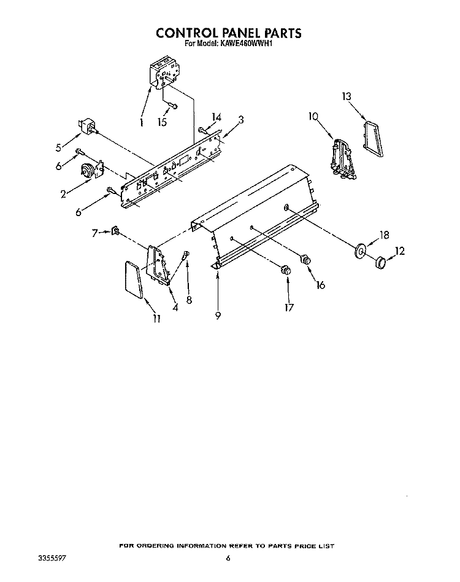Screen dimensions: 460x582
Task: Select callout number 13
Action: [346, 96]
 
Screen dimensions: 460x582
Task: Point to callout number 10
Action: [313, 117]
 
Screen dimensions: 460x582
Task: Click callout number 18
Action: [385, 235]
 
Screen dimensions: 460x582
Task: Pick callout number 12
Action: [399, 251]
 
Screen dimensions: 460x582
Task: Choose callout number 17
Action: [289, 308]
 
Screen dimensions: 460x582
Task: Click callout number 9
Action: [218, 316]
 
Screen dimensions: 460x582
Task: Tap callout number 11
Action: [156, 319]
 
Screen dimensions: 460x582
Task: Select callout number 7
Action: [95, 233]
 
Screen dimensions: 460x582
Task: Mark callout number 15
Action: [162, 122]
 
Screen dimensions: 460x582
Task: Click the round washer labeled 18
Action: [360, 251]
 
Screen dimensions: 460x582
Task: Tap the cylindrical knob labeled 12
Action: [380, 262]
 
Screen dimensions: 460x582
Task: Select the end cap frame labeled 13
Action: [374, 139]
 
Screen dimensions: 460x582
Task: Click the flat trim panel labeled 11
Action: [133, 279]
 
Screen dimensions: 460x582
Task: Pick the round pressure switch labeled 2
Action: [88, 171]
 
